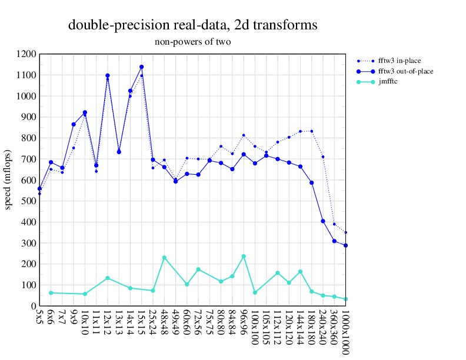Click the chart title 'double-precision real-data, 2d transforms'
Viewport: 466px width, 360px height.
tap(193, 25)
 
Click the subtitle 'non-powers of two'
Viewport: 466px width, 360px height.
tap(193, 42)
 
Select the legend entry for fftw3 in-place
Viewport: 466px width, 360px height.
tap(400, 61)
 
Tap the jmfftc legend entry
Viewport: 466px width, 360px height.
tap(388, 82)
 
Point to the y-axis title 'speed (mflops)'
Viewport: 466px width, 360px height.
tap(8, 180)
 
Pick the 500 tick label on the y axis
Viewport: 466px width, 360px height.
tap(28, 201)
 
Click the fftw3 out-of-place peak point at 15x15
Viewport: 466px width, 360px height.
tap(142, 67)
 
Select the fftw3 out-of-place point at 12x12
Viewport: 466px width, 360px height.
tap(108, 76)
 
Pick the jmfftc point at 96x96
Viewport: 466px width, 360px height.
tap(244, 256)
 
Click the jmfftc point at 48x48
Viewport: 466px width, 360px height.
tap(164, 258)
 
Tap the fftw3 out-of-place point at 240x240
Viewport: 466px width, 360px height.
tap(323, 221)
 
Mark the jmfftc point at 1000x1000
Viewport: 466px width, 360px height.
tap(345, 299)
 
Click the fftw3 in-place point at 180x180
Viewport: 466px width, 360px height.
tap(312, 131)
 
